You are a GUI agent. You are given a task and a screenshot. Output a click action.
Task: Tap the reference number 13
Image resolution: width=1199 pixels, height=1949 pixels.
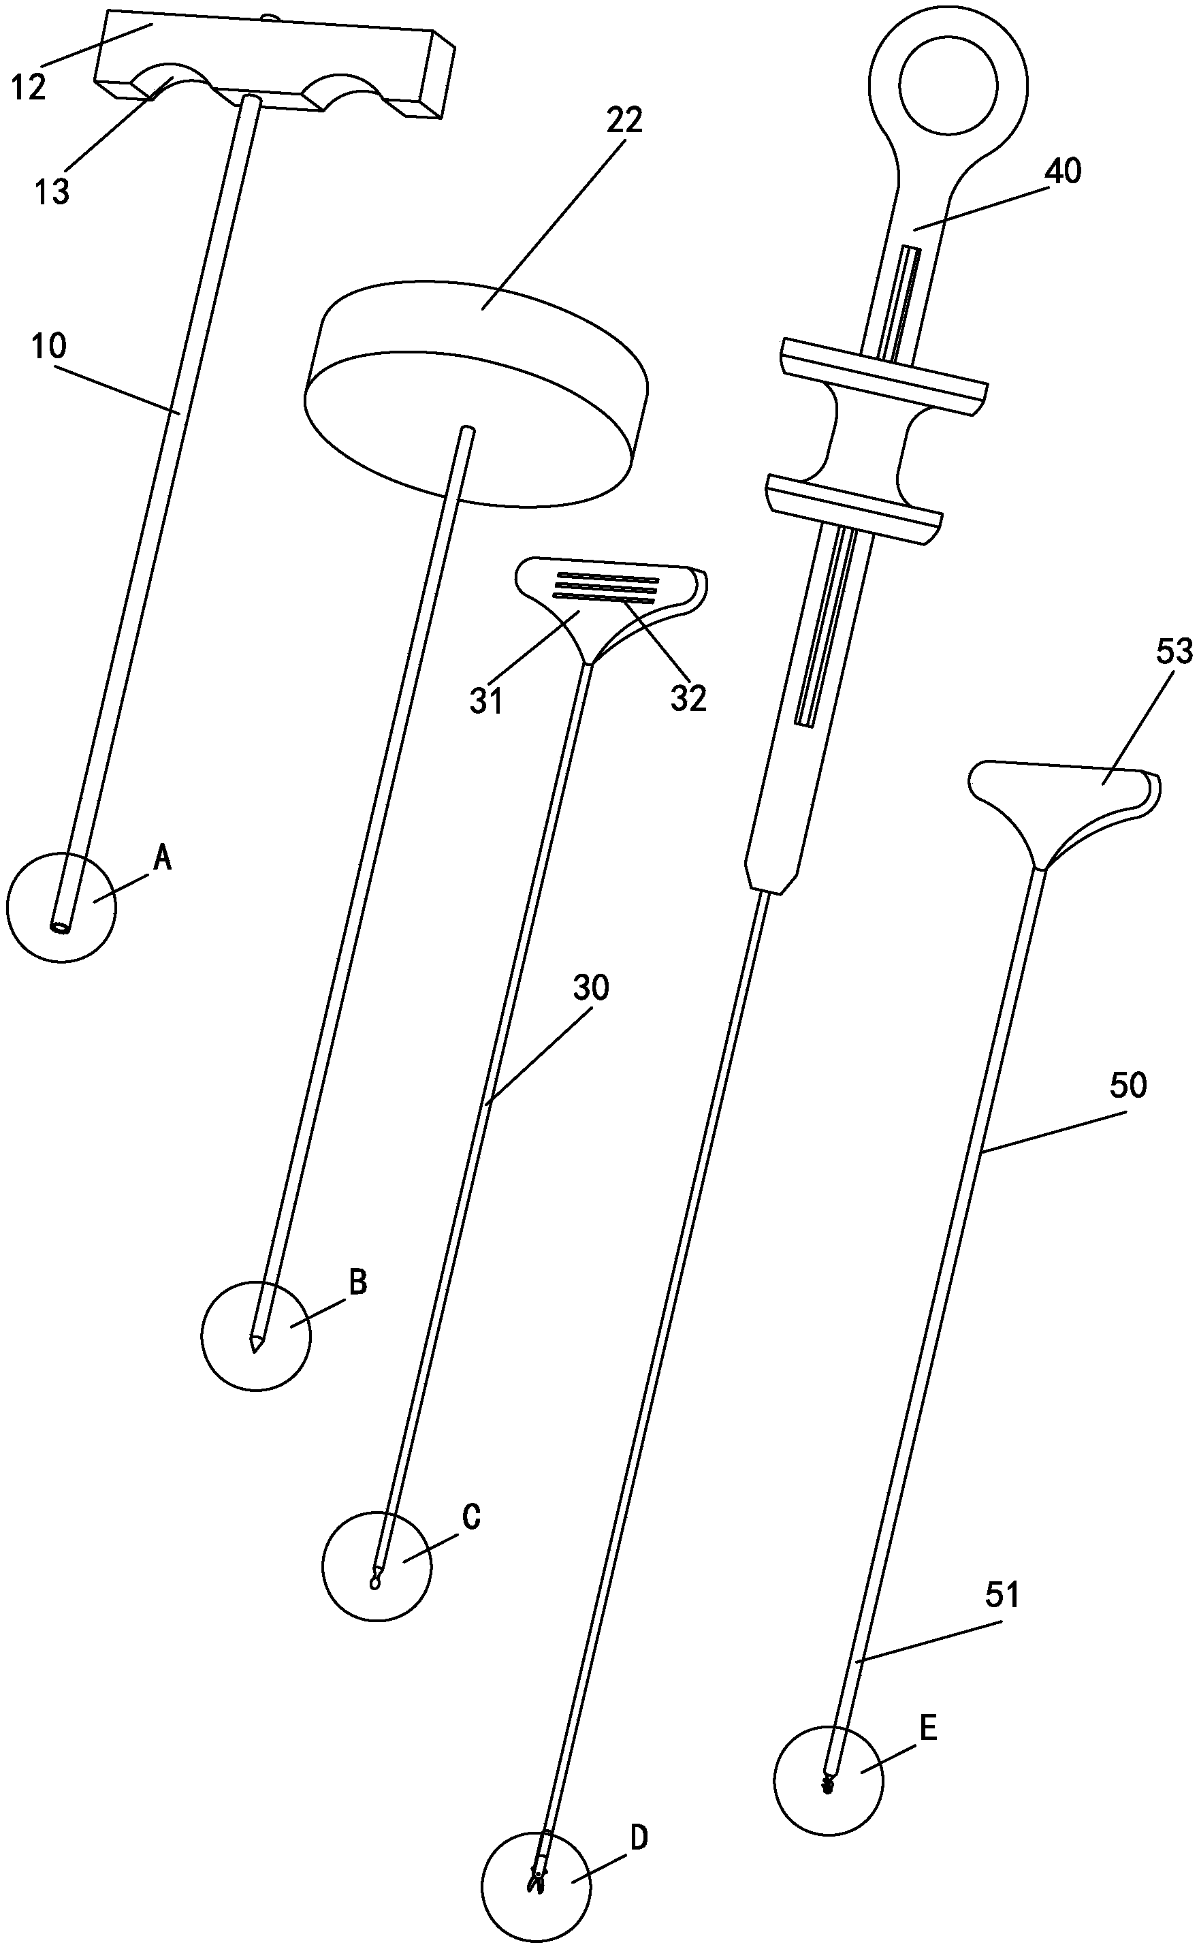tap(52, 192)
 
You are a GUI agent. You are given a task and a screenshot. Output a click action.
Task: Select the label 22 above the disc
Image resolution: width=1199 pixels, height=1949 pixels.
tap(624, 121)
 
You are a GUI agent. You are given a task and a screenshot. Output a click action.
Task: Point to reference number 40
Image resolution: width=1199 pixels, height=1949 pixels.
tap(1064, 172)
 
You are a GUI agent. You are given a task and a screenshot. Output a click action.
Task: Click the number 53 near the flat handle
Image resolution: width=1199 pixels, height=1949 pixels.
tap(1174, 652)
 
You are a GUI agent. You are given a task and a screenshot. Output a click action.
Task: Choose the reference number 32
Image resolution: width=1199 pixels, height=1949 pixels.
tap(688, 698)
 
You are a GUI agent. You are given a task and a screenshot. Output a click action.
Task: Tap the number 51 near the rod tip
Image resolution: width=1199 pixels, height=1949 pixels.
tap(1002, 1596)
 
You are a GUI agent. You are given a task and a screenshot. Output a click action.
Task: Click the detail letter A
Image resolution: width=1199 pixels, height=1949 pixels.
tap(162, 857)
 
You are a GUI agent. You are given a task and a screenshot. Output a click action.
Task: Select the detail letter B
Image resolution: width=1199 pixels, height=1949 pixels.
tap(357, 1282)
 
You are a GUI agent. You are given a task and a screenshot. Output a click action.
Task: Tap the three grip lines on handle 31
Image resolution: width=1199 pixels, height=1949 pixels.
tap(607, 588)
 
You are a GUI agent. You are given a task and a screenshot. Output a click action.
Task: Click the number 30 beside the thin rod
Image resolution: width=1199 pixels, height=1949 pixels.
tap(591, 988)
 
